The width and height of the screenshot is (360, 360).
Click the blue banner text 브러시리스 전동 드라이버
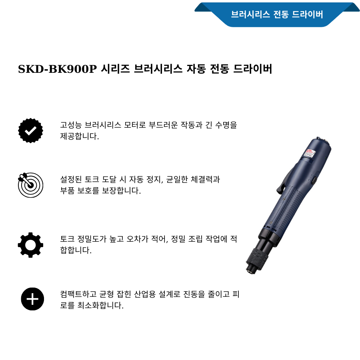(x=277, y=15)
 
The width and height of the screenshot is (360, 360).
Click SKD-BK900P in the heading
(x=57, y=69)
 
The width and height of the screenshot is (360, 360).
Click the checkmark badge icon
(x=30, y=130)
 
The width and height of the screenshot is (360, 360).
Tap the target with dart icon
(x=30, y=185)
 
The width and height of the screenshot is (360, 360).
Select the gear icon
(x=30, y=245)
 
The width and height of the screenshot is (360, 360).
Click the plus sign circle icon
(x=32, y=299)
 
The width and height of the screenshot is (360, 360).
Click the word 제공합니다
(x=79, y=136)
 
